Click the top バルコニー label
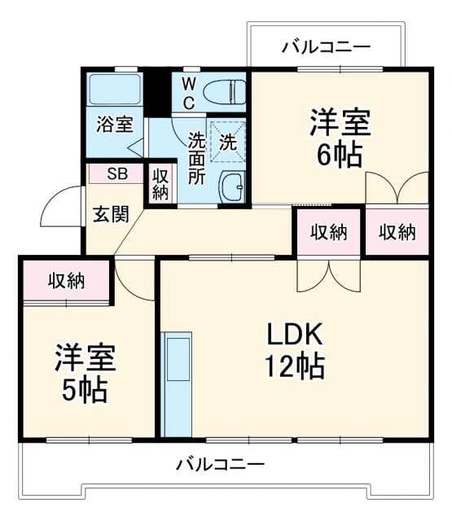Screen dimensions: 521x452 click(x=326, y=46)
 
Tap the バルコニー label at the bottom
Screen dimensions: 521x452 click(x=221, y=466)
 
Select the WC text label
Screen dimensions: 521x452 click(x=187, y=92)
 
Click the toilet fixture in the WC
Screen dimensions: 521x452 click(x=224, y=91)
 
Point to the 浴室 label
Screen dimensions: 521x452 click(x=115, y=125)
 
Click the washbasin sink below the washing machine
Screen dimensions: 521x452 click(x=232, y=187)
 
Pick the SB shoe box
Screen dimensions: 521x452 click(x=117, y=173)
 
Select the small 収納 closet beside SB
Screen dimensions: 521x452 click(x=160, y=183)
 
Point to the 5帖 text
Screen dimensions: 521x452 click(x=84, y=390)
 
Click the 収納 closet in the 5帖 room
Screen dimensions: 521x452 click(x=66, y=281)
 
